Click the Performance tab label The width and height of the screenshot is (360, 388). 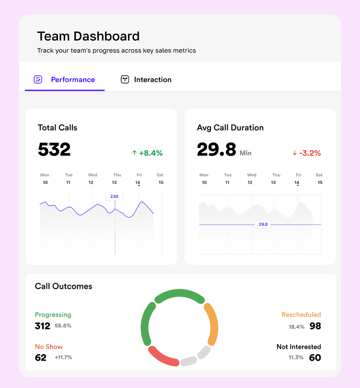(73, 80)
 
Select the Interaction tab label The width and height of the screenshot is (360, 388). (153, 80)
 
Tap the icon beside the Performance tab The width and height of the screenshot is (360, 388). (38, 79)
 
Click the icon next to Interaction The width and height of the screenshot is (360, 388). (125, 79)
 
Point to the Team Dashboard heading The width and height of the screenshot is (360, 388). (88, 36)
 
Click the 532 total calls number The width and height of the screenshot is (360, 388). (54, 149)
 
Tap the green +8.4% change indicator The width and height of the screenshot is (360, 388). (147, 153)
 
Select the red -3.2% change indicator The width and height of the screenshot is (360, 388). (307, 153)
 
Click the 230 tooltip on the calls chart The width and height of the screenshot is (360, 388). (114, 196)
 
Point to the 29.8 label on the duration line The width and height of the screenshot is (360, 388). (263, 224)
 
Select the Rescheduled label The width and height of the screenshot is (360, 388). (301, 315)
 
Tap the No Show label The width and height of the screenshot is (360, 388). (49, 347)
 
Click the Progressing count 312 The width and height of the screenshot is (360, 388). (43, 326)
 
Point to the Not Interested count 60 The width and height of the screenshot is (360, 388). (315, 358)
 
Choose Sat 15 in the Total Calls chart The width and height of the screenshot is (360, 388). (160, 179)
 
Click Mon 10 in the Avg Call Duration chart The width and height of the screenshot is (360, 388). (204, 179)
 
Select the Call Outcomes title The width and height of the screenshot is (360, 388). (64, 286)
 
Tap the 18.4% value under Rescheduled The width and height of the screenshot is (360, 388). (296, 327)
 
